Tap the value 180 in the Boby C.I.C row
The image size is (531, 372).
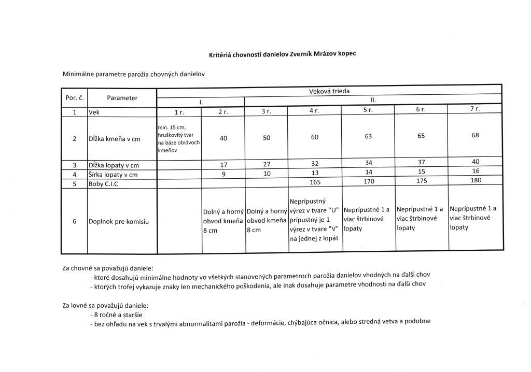pyautogui.click(x=476, y=181)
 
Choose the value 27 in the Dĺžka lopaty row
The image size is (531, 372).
pyautogui.click(x=267, y=165)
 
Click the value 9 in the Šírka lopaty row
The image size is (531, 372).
pyautogui.click(x=223, y=174)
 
